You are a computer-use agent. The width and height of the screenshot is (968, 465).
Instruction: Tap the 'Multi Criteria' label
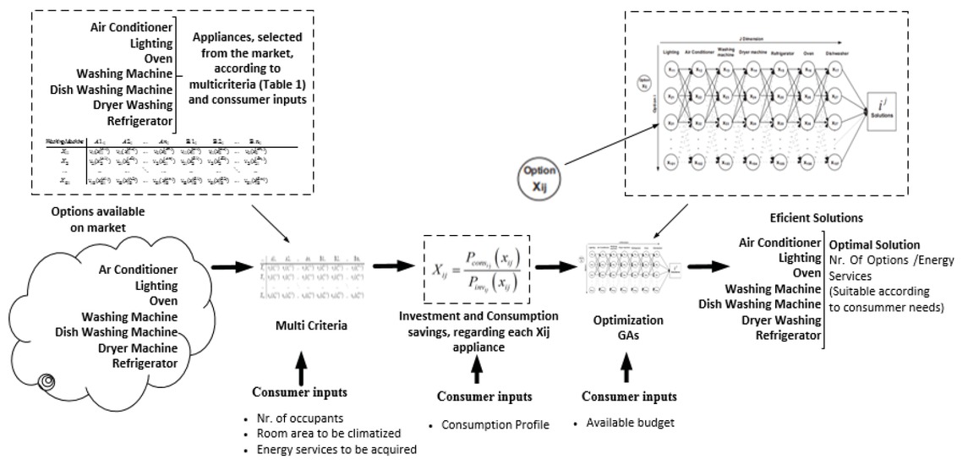tap(298, 324)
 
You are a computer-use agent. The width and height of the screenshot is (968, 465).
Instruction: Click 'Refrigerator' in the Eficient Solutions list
tap(789, 336)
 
